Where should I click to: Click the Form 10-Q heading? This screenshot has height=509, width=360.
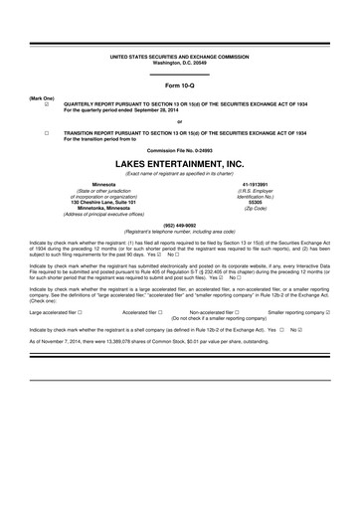pyautogui.click(x=179, y=85)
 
